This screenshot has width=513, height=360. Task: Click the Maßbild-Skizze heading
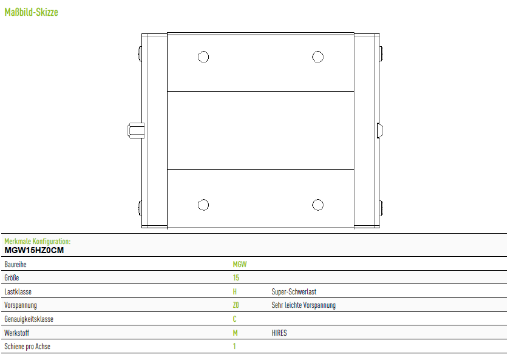click(x=32, y=12)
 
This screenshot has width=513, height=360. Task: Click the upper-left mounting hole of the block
click(x=203, y=56)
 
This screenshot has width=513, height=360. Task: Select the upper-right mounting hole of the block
click(x=318, y=56)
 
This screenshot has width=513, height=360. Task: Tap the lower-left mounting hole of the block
click(x=203, y=205)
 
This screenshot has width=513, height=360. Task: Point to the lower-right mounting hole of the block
click(x=318, y=205)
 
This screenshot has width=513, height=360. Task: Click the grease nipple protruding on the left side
click(x=135, y=131)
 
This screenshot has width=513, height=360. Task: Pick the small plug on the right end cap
click(x=380, y=131)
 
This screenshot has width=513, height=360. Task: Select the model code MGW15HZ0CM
click(x=34, y=250)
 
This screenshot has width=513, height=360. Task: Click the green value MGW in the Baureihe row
click(x=240, y=264)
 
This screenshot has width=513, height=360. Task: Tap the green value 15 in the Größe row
click(x=236, y=278)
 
